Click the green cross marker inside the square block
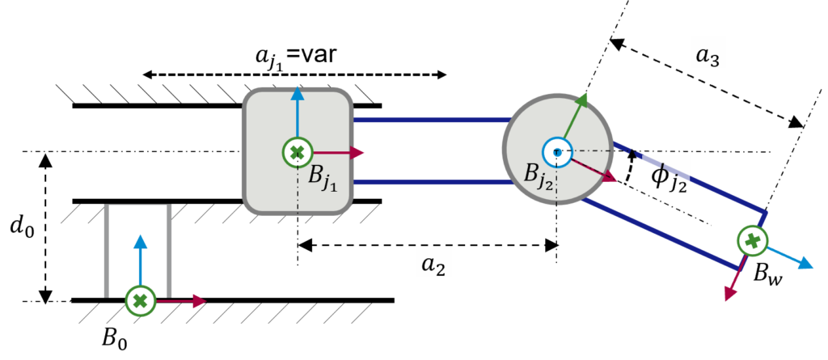tap(298, 152)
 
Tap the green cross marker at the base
tap(141, 301)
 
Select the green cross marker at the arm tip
tap(752, 240)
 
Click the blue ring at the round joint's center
tap(557, 152)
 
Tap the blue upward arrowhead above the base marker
tap(141, 241)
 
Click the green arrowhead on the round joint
tap(583, 100)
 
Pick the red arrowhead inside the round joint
tap(608, 176)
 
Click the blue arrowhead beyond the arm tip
tap(805, 264)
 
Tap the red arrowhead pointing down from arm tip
tap(730, 294)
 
